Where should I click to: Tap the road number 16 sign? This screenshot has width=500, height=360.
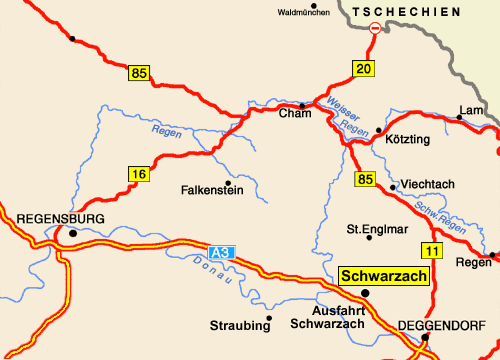139,174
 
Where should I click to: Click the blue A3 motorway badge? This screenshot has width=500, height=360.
222,253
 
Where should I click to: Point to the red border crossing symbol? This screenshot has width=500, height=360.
375,30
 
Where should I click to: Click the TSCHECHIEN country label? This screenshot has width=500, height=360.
412,10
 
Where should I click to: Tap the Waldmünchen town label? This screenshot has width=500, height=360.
304,12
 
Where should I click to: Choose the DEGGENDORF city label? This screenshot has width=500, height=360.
441,325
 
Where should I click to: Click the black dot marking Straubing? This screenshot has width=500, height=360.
269,318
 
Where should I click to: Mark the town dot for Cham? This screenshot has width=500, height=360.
303,105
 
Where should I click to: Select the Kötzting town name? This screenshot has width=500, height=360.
407,137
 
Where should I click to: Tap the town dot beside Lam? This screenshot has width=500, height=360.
459,118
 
